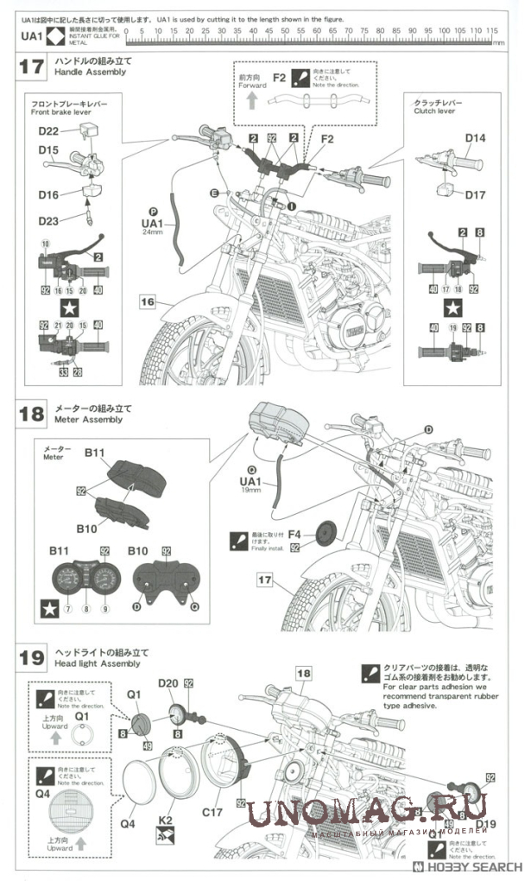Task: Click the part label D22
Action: click(48, 130)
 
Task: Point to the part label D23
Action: click(48, 220)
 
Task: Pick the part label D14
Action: click(475, 137)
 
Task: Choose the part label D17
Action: click(475, 194)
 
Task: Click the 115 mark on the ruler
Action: click(493, 30)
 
